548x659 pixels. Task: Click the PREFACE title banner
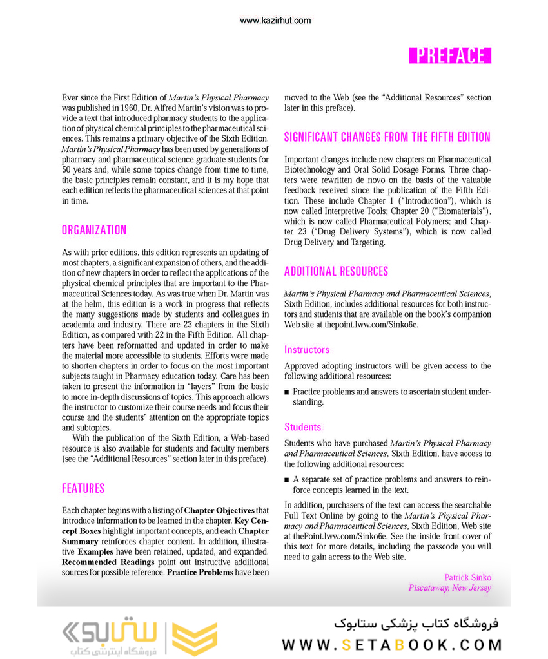pyautogui.click(x=450, y=55)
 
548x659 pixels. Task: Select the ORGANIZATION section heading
pyautogui.click(x=94, y=230)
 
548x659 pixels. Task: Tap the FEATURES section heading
pyautogui.click(x=83, y=488)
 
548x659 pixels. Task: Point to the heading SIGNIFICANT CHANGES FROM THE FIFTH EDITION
pyautogui.click(x=387, y=137)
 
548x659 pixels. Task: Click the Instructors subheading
pyautogui.click(x=307, y=350)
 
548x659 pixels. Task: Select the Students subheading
pyautogui.click(x=302, y=427)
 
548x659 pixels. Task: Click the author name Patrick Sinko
pyautogui.click(x=467, y=577)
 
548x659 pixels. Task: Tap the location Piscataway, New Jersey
pyautogui.click(x=449, y=587)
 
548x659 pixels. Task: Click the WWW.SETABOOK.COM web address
pyautogui.click(x=392, y=645)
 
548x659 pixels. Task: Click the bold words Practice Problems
pyautogui.click(x=200, y=572)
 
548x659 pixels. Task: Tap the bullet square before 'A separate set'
pyautogui.click(x=287, y=480)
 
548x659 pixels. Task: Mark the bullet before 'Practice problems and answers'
pyautogui.click(x=287, y=392)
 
